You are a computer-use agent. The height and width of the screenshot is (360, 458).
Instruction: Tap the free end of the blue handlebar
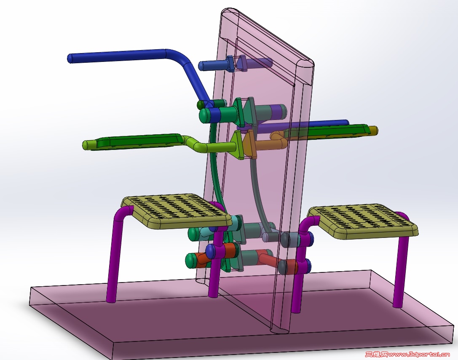pos(70,59)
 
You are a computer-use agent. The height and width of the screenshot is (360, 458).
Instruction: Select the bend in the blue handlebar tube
pos(179,57)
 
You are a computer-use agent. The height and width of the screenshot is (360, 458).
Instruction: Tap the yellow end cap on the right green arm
pos(373,131)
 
